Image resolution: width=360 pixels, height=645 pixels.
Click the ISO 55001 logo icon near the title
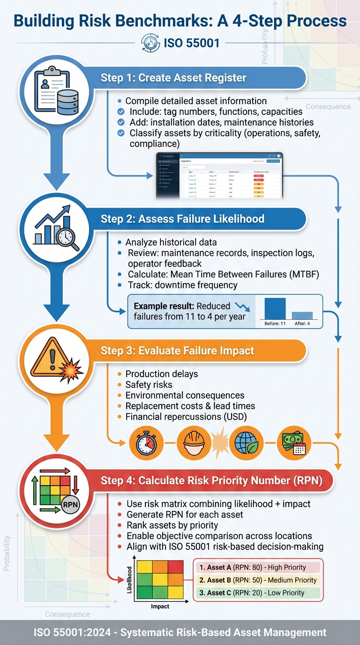point(150,43)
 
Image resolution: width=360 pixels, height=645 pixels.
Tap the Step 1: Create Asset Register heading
point(173,78)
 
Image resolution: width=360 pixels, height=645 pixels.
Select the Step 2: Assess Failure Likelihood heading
point(183,218)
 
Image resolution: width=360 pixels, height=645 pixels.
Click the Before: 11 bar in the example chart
point(275,308)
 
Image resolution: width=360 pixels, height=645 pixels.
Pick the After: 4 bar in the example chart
point(302,315)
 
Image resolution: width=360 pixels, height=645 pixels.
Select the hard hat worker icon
point(194,442)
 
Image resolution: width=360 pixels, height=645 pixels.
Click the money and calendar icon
point(294,442)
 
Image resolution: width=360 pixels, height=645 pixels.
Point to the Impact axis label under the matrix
point(160,607)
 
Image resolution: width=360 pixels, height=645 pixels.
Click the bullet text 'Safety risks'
point(149,384)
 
